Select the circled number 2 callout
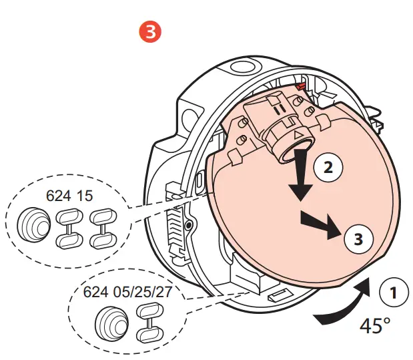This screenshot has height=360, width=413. coord(327,168)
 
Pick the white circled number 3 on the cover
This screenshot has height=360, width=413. coord(358,240)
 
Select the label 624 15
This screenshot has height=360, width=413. coord(69,196)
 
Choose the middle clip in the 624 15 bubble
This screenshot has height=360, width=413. coord(68,224)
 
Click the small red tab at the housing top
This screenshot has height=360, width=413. coord(302,85)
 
